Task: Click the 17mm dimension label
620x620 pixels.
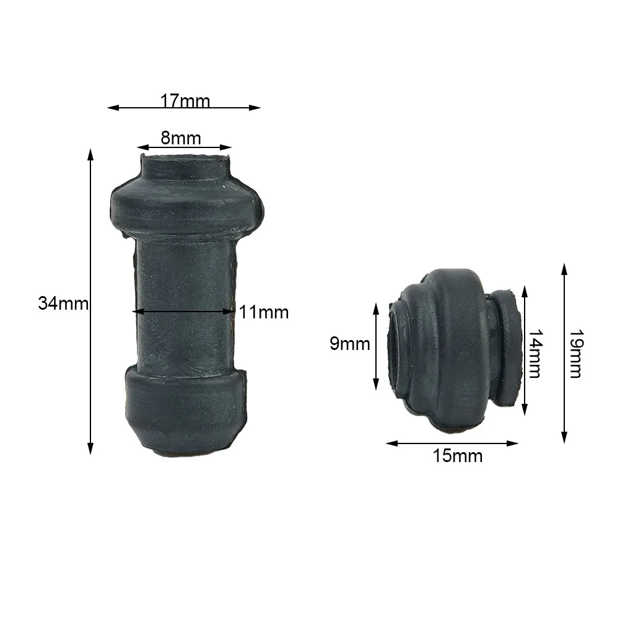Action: tap(185, 100)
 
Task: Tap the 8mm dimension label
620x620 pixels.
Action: tap(181, 138)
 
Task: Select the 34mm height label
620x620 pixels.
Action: tap(63, 303)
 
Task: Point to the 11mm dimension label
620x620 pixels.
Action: tap(264, 312)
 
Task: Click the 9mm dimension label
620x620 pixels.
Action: tap(349, 344)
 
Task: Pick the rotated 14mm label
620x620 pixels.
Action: tap(535, 354)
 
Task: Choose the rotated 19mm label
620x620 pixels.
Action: tap(575, 354)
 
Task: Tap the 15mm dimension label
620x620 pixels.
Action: tap(457, 456)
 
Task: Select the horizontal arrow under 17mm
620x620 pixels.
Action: tap(184, 108)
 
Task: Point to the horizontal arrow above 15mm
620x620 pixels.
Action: tap(452, 443)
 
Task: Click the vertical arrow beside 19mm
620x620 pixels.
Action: tap(564, 353)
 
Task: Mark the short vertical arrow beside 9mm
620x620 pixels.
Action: tap(376, 346)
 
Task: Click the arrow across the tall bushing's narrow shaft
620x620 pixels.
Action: tap(184, 311)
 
